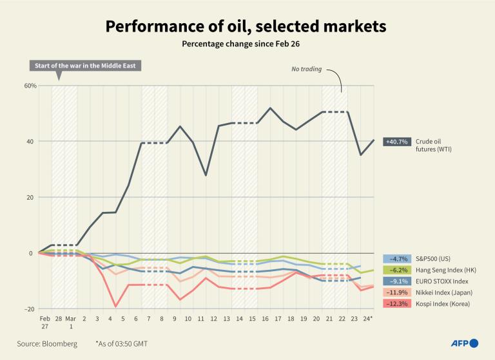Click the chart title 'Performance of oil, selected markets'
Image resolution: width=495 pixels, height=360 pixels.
coord(246,26)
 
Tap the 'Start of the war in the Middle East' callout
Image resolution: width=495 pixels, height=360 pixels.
coord(85,66)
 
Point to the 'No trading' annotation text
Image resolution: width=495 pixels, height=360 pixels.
coord(306,68)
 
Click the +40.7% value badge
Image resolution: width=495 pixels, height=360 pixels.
coord(396,142)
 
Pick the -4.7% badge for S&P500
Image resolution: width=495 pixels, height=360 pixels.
coord(396,258)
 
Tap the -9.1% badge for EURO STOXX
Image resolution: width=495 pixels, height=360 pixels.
coord(396,281)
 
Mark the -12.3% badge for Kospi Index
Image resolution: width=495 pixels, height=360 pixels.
coord(396,304)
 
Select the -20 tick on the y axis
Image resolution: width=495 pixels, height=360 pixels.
coord(30,309)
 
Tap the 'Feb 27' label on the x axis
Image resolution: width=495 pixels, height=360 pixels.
coord(44,323)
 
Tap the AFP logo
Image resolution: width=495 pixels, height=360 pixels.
coord(464,343)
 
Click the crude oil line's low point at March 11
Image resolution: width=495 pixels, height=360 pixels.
coord(206,175)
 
